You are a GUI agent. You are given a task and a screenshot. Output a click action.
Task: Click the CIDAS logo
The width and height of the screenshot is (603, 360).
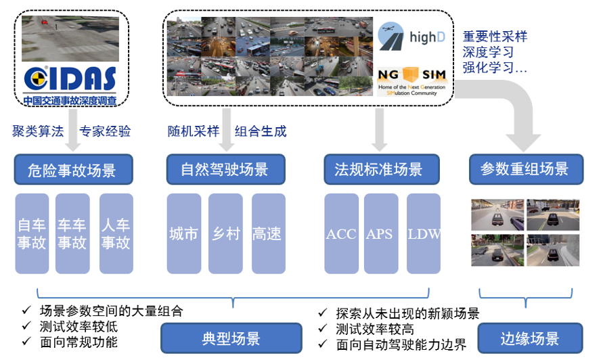pyautogui.click(x=70, y=82)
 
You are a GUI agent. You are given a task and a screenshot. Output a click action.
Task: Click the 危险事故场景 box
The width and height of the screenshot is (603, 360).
pyautogui.click(x=73, y=169)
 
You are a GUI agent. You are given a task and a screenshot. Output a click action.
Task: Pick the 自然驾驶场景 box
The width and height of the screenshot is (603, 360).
pyautogui.click(x=225, y=169)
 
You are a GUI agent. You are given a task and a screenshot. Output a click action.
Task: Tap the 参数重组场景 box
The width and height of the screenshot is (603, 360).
pyautogui.click(x=525, y=169)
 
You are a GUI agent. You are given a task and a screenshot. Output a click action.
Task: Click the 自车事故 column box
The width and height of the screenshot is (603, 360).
pyautogui.click(x=32, y=233)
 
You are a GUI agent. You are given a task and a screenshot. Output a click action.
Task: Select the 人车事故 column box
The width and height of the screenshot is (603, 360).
pyautogui.click(x=116, y=233)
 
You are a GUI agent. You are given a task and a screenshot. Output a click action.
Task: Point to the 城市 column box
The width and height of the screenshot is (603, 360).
pyautogui.click(x=183, y=233)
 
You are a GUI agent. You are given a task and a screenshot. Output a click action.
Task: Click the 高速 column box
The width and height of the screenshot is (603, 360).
pyautogui.click(x=267, y=233)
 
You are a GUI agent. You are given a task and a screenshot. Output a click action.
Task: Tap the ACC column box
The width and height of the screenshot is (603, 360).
pyautogui.click(x=340, y=233)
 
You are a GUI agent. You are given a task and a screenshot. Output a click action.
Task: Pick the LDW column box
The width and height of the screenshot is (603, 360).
pyautogui.click(x=424, y=233)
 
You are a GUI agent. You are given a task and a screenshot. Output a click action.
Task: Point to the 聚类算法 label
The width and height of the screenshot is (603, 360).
pyautogui.click(x=37, y=131)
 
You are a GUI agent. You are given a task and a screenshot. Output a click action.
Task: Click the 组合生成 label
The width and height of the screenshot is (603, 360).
pyautogui.click(x=261, y=131)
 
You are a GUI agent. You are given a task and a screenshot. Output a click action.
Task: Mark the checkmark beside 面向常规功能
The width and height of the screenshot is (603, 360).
pyautogui.click(x=27, y=342)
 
